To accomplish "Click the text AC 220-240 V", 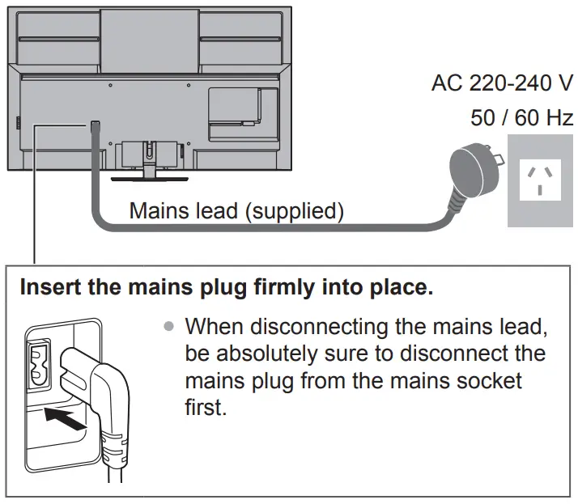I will (x=502, y=83).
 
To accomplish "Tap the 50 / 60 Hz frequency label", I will (x=521, y=118).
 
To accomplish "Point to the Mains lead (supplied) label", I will (x=236, y=211).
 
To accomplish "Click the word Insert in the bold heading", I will (x=47, y=288).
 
